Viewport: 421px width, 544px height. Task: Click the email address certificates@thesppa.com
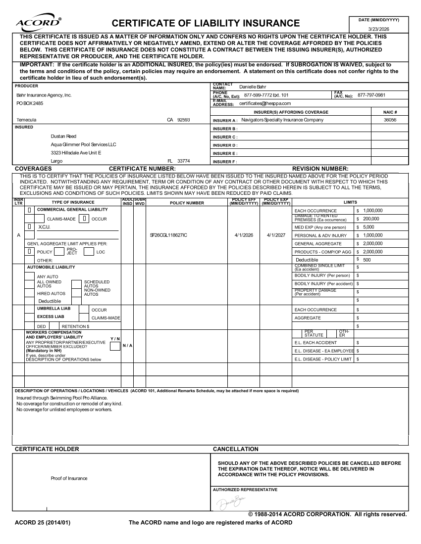point(265,103)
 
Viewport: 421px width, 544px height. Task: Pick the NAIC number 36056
point(390,120)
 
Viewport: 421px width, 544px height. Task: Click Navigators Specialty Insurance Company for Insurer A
point(282,120)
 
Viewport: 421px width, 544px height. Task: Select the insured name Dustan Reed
point(64,136)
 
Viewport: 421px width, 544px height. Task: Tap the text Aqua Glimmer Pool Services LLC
point(83,144)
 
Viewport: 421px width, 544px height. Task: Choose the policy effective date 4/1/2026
point(244,235)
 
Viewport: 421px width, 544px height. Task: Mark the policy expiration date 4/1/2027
point(276,235)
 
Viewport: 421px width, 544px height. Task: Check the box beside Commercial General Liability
point(30,210)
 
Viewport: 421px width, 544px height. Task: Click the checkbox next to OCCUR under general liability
point(86,219)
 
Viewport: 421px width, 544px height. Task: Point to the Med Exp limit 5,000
point(369,227)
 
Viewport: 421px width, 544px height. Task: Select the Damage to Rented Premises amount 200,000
point(371,219)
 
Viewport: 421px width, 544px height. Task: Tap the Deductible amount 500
point(367,260)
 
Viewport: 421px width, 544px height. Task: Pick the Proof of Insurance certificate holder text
point(69,478)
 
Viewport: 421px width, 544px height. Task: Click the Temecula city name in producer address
point(26,120)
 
